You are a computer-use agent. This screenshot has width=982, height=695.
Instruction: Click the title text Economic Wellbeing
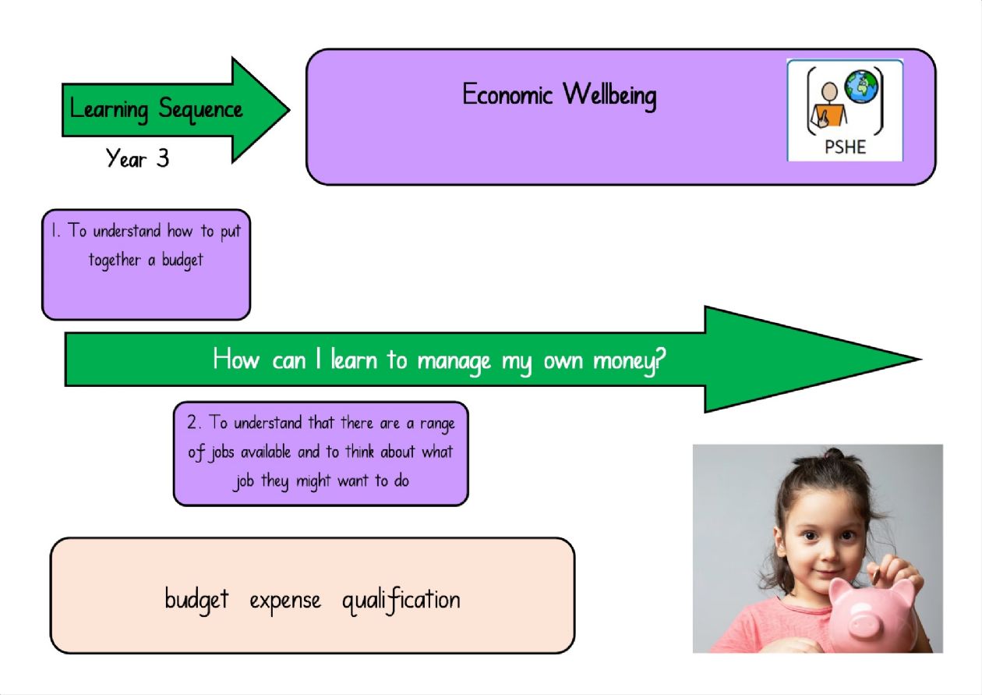pos(560,95)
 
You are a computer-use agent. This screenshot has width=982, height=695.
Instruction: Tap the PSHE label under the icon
pos(845,147)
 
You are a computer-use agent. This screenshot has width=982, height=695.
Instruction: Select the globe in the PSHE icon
pos(861,87)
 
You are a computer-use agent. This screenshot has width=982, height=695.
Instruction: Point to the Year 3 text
pos(137,158)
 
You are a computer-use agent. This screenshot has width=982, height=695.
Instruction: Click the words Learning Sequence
pos(156,109)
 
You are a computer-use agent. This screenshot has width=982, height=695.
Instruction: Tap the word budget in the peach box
pos(197,600)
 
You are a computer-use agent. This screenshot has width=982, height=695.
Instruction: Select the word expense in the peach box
pos(285,601)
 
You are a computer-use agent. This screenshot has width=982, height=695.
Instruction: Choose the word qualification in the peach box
pos(401,599)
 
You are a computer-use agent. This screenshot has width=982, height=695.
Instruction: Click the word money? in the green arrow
pos(629,360)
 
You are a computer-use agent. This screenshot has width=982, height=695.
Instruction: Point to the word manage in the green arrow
pos(454,363)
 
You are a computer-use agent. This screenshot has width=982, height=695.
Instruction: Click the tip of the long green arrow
pos(920,360)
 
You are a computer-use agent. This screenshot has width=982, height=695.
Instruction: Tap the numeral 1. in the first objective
pos(55,230)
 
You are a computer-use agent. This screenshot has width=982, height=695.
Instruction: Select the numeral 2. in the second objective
pos(194,422)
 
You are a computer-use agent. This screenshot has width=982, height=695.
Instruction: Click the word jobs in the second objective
pos(222,452)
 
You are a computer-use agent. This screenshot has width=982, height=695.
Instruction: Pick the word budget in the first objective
pos(182,261)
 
